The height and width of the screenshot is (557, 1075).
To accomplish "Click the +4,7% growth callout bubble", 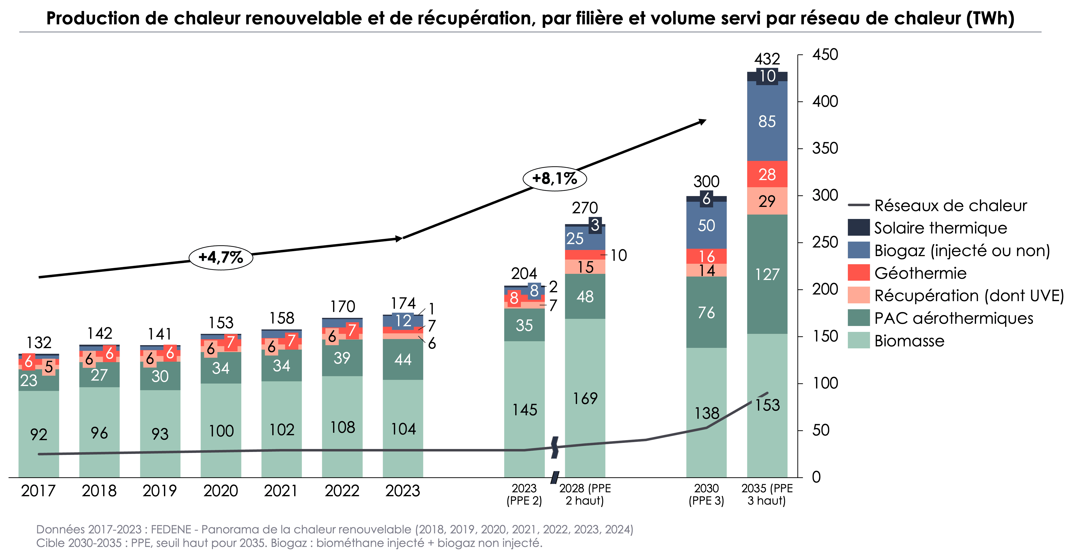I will pyautogui.click(x=221, y=257).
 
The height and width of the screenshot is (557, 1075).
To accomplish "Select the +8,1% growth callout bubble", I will pyautogui.click(x=555, y=179).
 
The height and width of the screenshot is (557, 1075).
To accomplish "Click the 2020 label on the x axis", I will pyautogui.click(x=220, y=491).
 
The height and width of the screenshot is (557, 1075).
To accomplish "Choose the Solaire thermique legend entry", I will pyautogui.click(x=940, y=228).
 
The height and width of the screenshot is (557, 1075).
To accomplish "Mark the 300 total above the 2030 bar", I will pyautogui.click(x=706, y=182).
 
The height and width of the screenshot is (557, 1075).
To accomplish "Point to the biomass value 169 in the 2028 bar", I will pyautogui.click(x=585, y=399).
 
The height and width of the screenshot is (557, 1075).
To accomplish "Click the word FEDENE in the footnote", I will pyautogui.click(x=171, y=529).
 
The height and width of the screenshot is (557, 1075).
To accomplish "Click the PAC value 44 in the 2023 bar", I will pyautogui.click(x=403, y=359).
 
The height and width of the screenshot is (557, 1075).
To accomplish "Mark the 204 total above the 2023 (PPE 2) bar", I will pyautogui.click(x=524, y=274).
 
